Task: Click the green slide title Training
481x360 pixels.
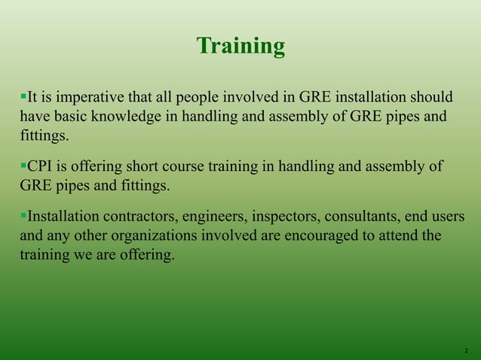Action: (x=240, y=47)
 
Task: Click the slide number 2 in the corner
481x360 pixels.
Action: (x=466, y=351)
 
